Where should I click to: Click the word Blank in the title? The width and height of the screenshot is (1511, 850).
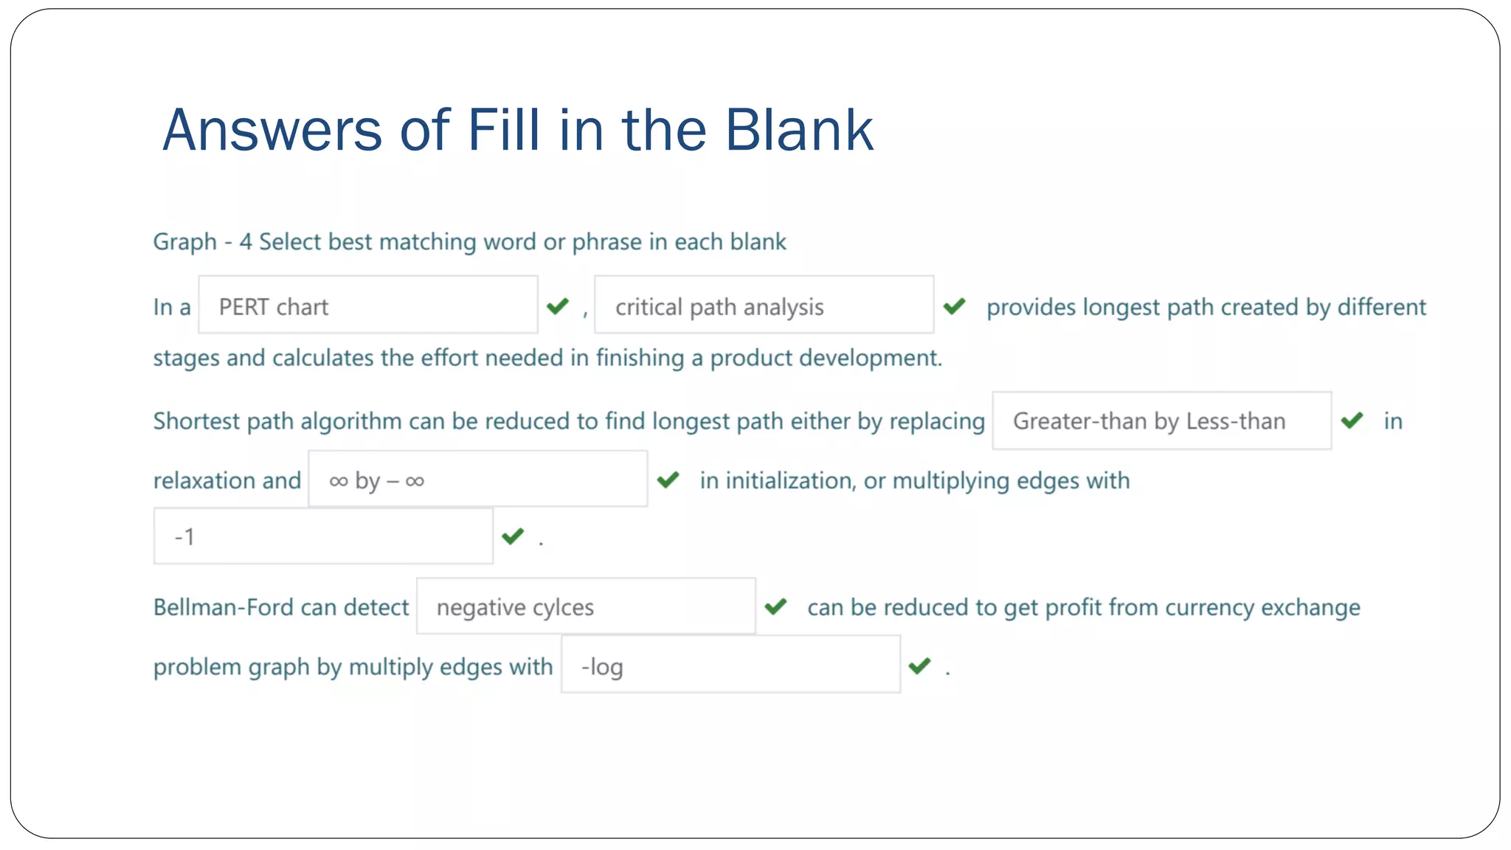[799, 130]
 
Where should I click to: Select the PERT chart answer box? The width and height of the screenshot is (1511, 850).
[367, 305]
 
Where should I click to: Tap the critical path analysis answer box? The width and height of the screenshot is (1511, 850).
[764, 305]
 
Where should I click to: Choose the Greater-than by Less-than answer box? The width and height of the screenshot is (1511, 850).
[1161, 421]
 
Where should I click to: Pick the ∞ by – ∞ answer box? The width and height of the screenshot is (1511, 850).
[477, 480]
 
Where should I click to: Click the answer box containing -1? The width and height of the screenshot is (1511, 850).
[323, 536]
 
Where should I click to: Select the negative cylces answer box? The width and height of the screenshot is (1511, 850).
[586, 607]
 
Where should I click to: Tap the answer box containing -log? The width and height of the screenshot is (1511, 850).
[730, 666]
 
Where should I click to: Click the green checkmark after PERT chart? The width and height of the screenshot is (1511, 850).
[558, 305]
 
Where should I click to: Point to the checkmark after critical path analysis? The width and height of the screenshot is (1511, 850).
[954, 305]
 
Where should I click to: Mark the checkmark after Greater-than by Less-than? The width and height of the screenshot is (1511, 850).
[1352, 421]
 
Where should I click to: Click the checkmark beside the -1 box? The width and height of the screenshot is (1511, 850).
[513, 536]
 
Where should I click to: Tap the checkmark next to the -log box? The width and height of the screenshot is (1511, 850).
[919, 666]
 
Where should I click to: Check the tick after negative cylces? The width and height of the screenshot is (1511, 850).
[775, 607]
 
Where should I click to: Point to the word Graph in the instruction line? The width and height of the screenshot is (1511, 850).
[185, 241]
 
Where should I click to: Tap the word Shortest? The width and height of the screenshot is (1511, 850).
[196, 421]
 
